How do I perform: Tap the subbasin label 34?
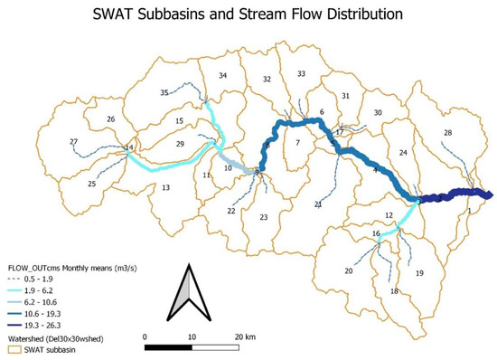pyautogui.click(x=222, y=75)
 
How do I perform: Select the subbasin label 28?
pyautogui.click(x=447, y=134)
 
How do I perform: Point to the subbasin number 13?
pyautogui.click(x=165, y=188)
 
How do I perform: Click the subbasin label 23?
pyautogui.click(x=264, y=217)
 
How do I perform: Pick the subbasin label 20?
pyautogui.click(x=348, y=270)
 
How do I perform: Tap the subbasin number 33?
pyautogui.click(x=302, y=73)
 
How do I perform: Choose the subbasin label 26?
pyautogui.click(x=111, y=118)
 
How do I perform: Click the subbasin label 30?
pyautogui.click(x=379, y=112)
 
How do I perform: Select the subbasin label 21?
pyautogui.click(x=318, y=204)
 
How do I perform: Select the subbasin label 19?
pyautogui.click(x=418, y=272)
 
